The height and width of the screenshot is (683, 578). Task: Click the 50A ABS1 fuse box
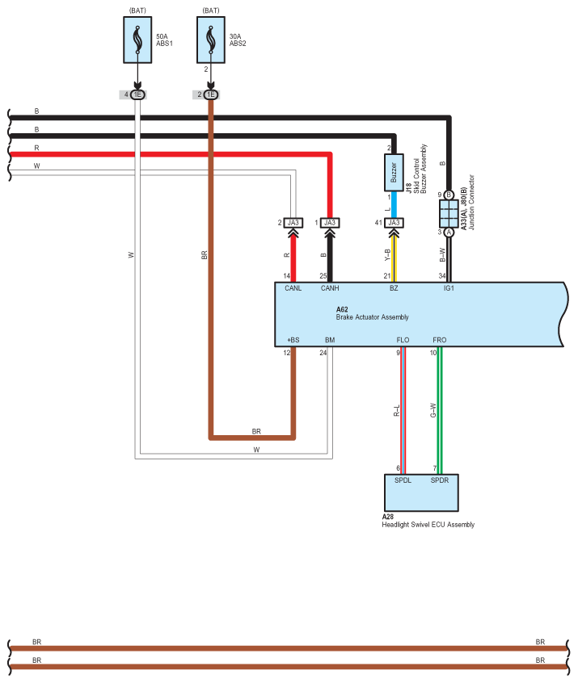(137, 40)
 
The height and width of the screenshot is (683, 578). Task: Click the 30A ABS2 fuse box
(211, 40)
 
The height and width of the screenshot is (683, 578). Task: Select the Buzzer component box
(394, 173)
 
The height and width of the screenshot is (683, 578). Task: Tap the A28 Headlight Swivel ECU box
(421, 492)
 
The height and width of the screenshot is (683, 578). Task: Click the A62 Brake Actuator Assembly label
(372, 313)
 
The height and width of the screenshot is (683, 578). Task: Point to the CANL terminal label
(293, 288)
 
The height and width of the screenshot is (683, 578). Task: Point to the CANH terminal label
(330, 288)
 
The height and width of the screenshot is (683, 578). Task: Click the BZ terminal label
(394, 288)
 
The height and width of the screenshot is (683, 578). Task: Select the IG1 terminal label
(449, 288)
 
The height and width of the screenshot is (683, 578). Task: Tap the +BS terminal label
(293, 340)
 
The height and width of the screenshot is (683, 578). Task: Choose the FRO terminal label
(439, 340)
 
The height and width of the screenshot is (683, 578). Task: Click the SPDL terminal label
(403, 480)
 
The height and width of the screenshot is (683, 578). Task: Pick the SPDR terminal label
(439, 480)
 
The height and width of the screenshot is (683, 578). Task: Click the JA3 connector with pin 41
(394, 223)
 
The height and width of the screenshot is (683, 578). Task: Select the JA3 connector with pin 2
(293, 223)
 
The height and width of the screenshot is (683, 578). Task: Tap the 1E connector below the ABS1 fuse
(137, 94)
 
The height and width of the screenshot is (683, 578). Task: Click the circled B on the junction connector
(449, 195)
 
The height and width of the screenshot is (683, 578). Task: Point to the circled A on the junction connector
(449, 233)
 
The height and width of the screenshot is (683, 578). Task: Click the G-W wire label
(432, 410)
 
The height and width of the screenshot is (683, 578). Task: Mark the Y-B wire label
(387, 255)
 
